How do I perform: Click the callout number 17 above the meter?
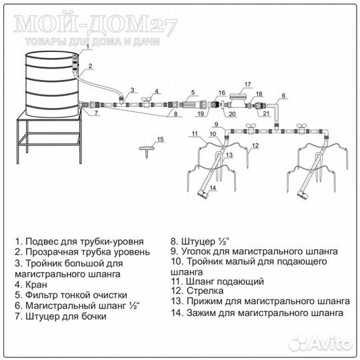click(247, 84)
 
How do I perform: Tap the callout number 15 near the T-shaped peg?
click(160, 139)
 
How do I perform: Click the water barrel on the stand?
click(52, 84)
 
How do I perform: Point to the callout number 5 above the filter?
click(193, 92)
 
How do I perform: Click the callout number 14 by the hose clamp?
click(213, 188)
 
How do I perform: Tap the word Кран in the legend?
click(36, 285)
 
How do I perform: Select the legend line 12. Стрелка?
click(197, 291)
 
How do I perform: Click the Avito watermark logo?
click(321, 344)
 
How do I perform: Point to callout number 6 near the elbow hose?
click(283, 95)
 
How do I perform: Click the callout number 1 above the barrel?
click(87, 47)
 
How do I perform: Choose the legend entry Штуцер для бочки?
click(61, 317)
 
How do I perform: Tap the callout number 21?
click(266, 113)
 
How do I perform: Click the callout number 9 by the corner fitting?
click(217, 124)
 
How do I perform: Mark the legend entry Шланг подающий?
click(217, 281)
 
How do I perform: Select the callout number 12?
click(255, 145)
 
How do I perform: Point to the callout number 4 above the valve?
click(157, 91)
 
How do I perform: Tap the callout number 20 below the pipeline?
click(232, 114)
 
